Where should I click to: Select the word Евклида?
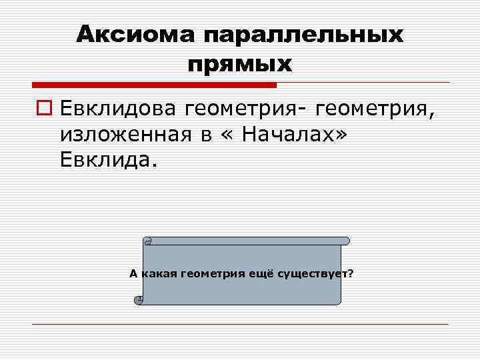(106, 161)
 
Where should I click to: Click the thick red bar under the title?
(154, 85)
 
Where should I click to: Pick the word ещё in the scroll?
(263, 273)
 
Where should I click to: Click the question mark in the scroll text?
(351, 273)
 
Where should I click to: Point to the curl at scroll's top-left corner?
(148, 241)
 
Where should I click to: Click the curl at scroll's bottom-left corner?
(139, 299)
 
